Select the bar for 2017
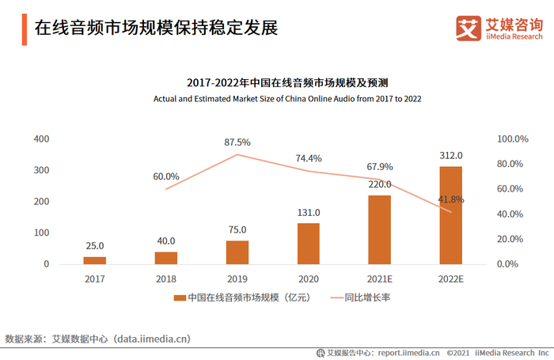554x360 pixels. (x=95, y=260)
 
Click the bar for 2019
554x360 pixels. (x=237, y=252)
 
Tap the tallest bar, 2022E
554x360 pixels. (x=451, y=215)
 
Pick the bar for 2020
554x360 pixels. (x=309, y=244)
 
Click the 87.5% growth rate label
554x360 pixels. (x=237, y=142)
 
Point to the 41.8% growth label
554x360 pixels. (x=450, y=199)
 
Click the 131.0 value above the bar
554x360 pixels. (x=309, y=212)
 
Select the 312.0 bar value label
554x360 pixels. (x=451, y=156)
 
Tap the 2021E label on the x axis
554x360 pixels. (x=380, y=279)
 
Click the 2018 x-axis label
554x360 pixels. (x=166, y=279)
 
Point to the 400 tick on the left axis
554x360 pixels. (x=41, y=139)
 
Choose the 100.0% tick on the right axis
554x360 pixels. (x=512, y=139)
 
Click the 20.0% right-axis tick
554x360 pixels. (x=512, y=239)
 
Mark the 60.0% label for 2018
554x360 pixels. (x=166, y=176)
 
